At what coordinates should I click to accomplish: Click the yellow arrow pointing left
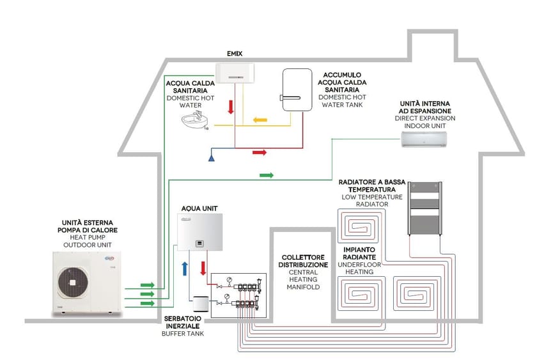tap(260, 120)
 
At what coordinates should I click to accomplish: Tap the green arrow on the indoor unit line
tap(267, 175)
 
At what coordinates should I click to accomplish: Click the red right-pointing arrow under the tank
tap(259, 153)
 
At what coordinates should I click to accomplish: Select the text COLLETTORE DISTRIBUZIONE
tap(304, 260)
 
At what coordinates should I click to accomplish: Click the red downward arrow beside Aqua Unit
tap(203, 265)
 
